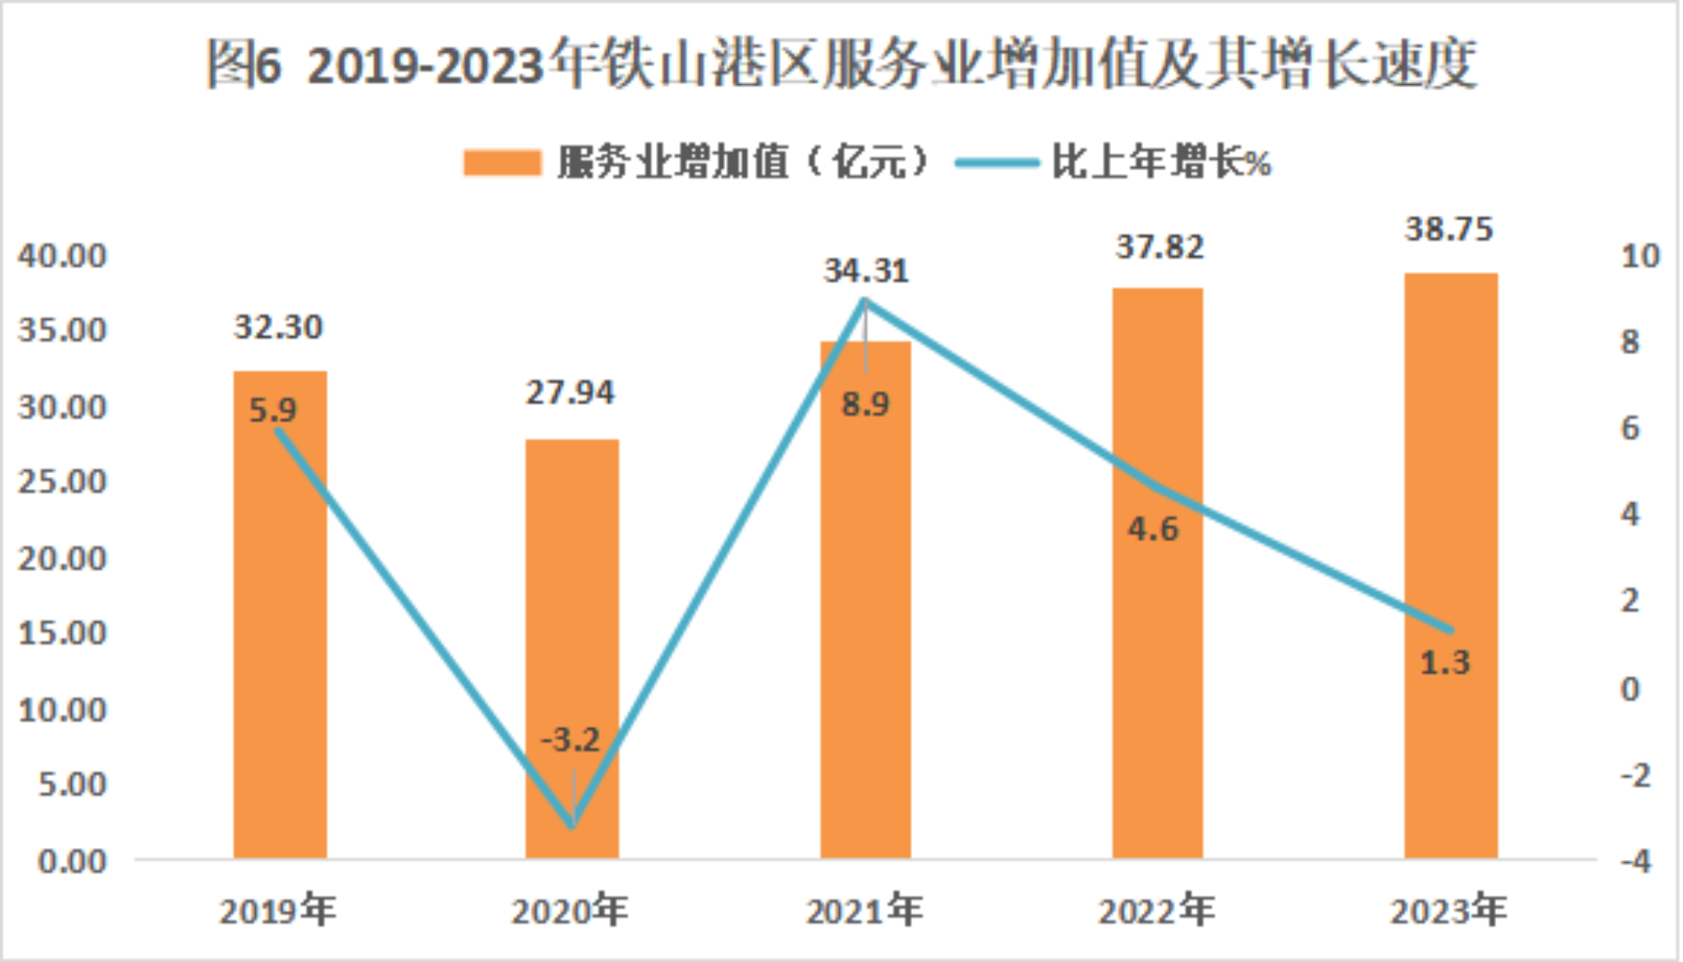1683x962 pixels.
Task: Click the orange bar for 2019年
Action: coord(279,636)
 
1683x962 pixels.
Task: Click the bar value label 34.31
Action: coord(865,271)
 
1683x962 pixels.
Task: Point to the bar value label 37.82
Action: coord(1159,247)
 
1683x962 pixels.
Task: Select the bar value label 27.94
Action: coord(570,393)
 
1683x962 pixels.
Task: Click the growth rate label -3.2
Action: coord(570,740)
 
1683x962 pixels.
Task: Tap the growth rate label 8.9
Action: coord(865,405)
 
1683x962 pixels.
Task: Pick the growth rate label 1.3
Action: coord(1445,664)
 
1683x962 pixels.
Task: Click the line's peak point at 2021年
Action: coord(865,301)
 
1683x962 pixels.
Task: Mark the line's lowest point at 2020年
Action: coord(572,826)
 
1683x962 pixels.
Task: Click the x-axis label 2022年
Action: coord(1157,911)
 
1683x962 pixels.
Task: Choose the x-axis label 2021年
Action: coord(864,911)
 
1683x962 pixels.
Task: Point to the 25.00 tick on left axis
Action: coord(63,481)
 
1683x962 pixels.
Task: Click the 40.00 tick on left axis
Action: coord(63,255)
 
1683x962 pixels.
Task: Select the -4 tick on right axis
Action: coord(1635,861)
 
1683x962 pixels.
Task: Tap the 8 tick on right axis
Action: coord(1631,342)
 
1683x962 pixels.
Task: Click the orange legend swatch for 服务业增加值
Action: coord(502,163)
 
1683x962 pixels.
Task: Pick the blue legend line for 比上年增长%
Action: coord(996,163)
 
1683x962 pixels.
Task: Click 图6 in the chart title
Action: coord(244,65)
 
